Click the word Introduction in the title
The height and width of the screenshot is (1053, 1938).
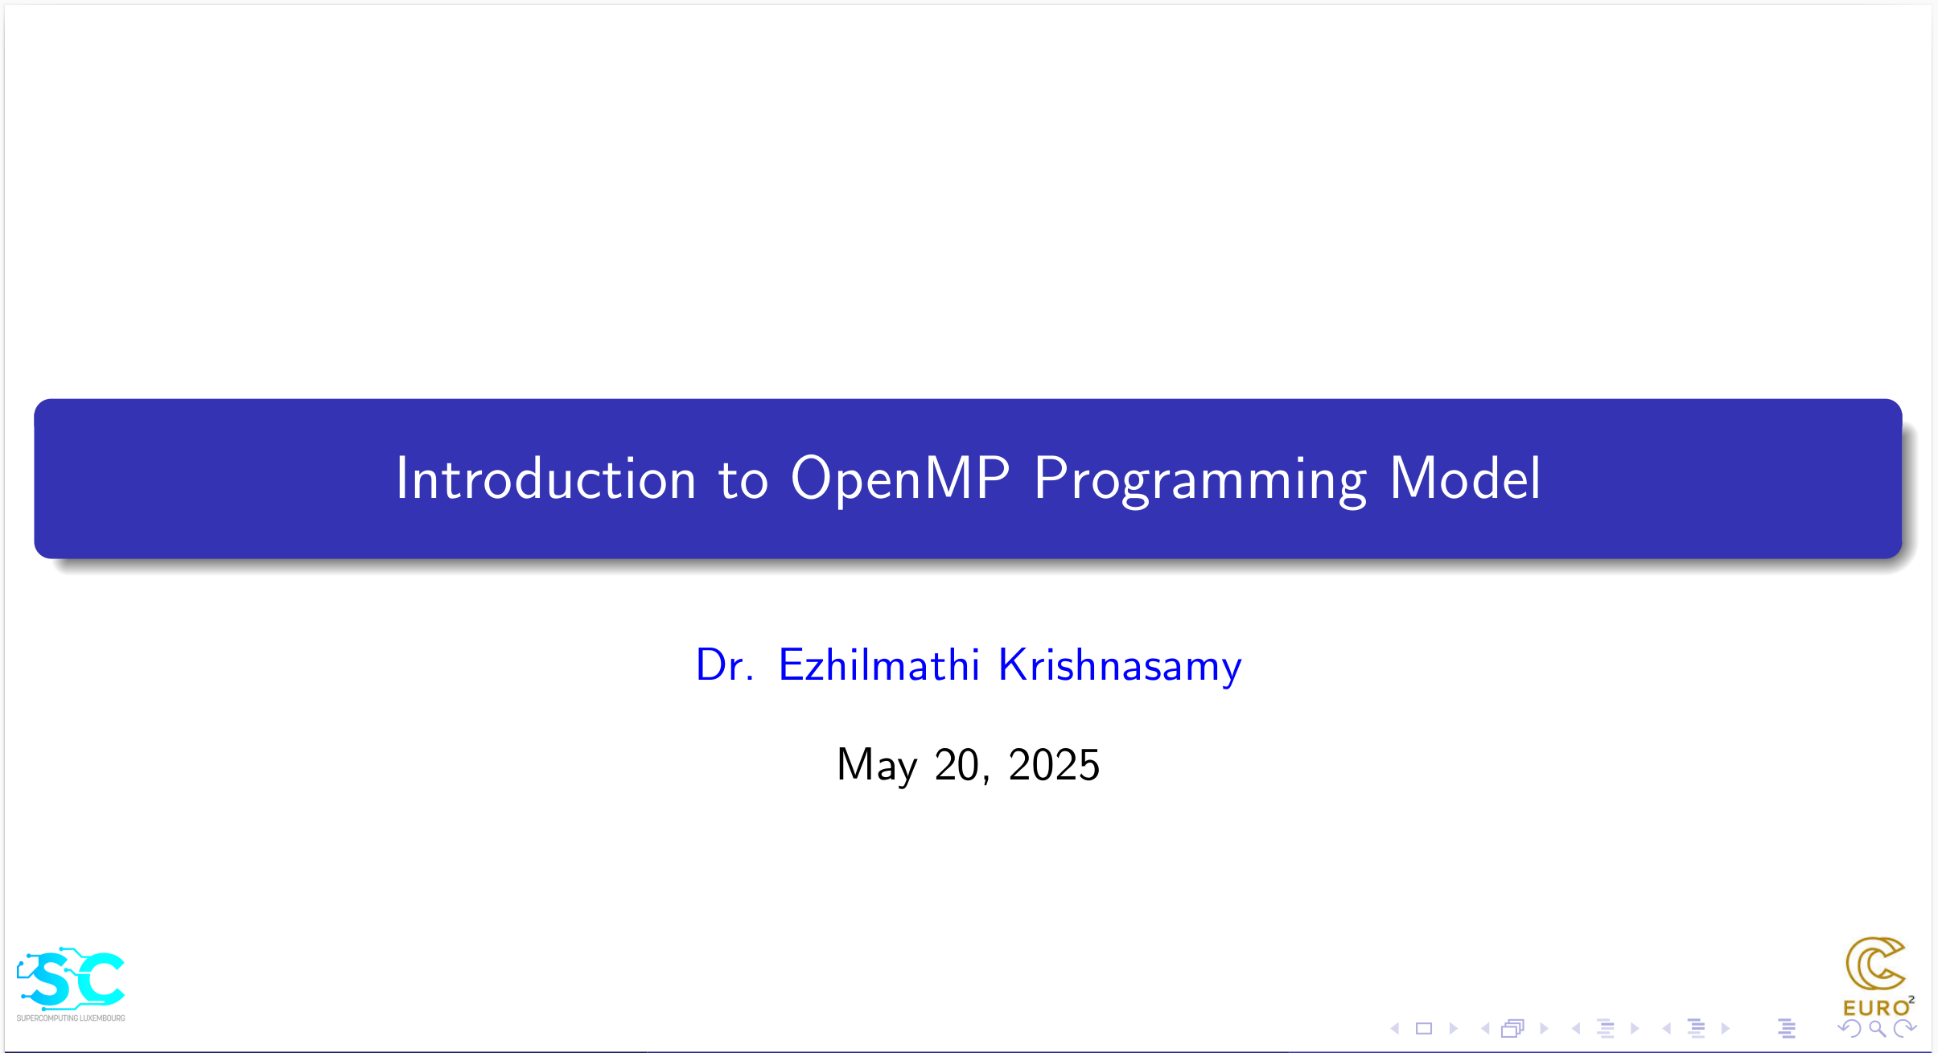pyautogui.click(x=545, y=479)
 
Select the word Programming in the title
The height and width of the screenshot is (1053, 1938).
pyautogui.click(x=1200, y=480)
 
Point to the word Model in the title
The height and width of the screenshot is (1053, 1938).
pyautogui.click(x=1465, y=478)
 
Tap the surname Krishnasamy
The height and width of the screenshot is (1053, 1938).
pyautogui.click(x=1120, y=667)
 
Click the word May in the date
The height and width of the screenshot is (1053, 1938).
pyautogui.click(x=877, y=765)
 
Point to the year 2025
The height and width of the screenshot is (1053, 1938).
pyautogui.click(x=1054, y=764)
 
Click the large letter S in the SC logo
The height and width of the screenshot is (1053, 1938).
pyautogui.click(x=51, y=980)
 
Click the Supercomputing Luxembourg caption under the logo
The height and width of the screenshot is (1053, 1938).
pyautogui.click(x=71, y=1018)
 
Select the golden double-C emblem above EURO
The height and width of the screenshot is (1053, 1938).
pyautogui.click(x=1874, y=964)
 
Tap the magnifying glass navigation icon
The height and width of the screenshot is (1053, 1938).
pyautogui.click(x=1878, y=1029)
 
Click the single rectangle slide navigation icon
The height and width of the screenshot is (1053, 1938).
pyautogui.click(x=1424, y=1029)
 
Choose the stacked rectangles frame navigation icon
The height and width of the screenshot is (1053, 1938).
pyautogui.click(x=1513, y=1029)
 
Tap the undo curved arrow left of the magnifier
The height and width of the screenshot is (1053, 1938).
pyautogui.click(x=1849, y=1029)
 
